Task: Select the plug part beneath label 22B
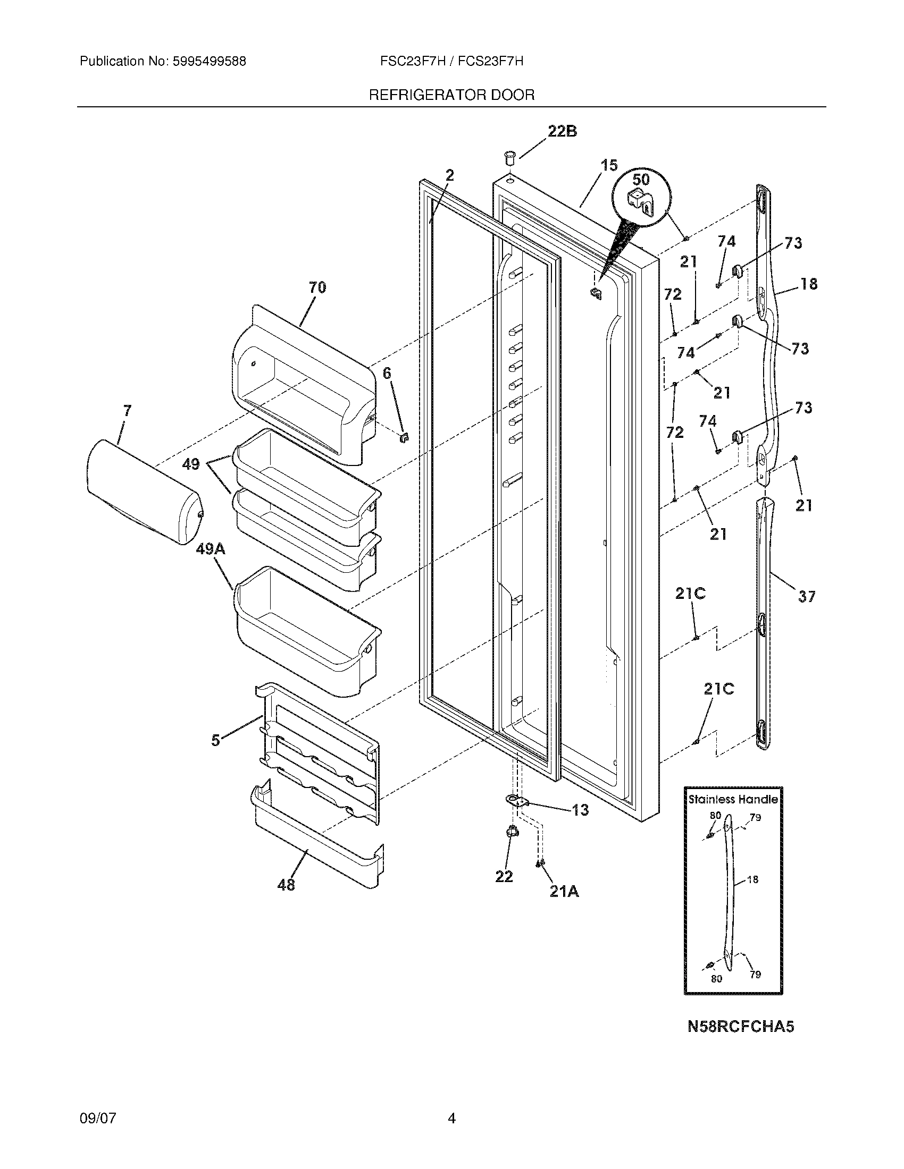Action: click(x=509, y=158)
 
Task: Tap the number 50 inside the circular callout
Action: click(x=641, y=179)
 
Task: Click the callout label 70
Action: click(x=317, y=287)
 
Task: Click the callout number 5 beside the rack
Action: click(x=215, y=741)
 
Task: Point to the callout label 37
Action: click(x=806, y=596)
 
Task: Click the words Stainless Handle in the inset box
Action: click(x=733, y=800)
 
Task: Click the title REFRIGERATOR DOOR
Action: click(x=451, y=95)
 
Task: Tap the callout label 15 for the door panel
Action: click(x=608, y=165)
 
